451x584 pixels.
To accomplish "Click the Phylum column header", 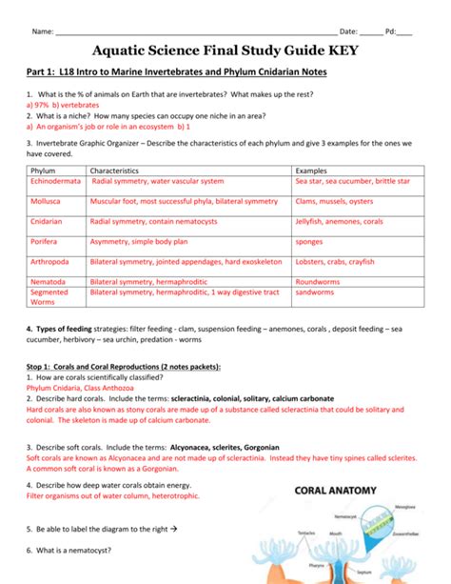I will click(44, 169).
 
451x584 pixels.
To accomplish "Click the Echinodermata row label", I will click(56, 180).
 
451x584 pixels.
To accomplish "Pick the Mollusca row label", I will click(48, 202).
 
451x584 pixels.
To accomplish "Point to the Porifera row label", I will click(47, 242).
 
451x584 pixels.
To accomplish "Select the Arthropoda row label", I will click(51, 261).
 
